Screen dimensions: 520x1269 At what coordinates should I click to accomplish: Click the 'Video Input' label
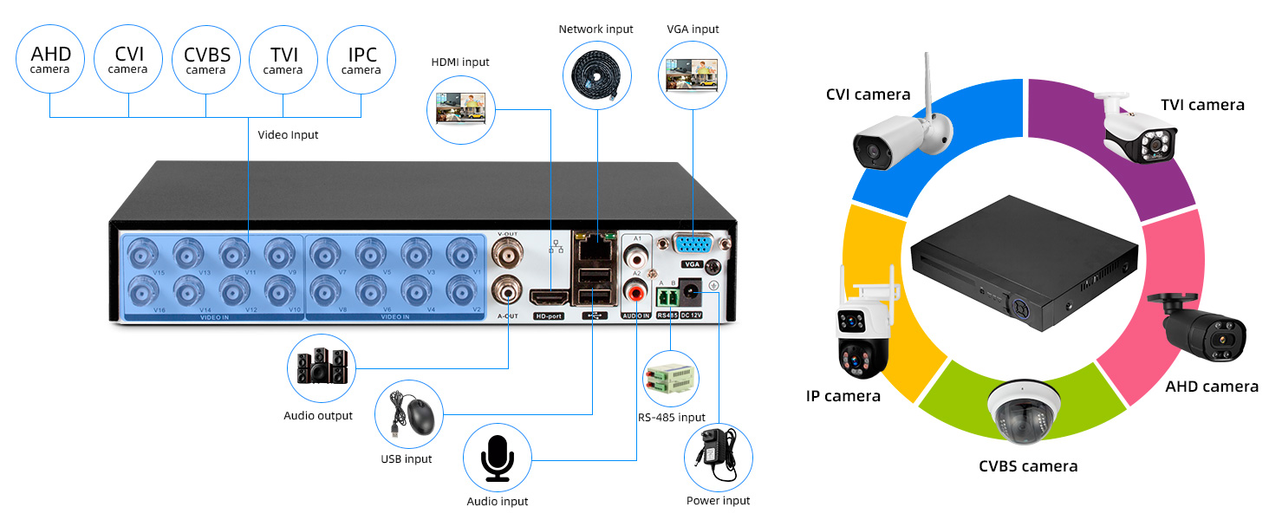288,134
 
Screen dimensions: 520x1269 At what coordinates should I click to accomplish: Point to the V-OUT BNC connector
508,254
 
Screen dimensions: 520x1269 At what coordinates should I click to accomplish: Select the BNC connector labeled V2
461,288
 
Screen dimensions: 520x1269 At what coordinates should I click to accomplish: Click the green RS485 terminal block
667,296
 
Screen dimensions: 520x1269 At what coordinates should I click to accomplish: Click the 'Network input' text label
595,29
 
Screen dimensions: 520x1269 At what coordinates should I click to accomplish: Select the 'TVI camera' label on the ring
1202,105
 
